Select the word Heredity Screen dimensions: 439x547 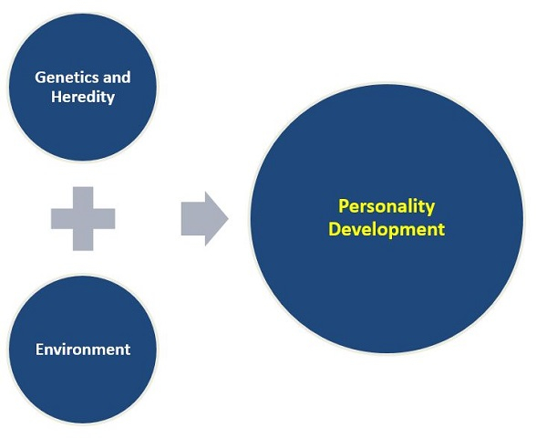tap(83, 97)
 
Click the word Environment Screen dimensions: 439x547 tap(83, 350)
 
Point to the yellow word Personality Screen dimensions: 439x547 tap(387, 206)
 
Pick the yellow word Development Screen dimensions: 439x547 tap(387, 228)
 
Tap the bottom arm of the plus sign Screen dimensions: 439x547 tap(83, 240)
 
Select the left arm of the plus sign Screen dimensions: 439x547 tap(60, 218)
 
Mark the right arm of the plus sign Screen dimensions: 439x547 tap(105, 218)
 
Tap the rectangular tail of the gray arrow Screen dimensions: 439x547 tap(191, 219)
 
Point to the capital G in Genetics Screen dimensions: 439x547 tap(40, 78)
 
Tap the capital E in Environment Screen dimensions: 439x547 tap(40, 350)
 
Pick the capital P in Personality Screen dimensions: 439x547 tap(344, 206)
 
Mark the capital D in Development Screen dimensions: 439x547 tap(335, 228)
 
